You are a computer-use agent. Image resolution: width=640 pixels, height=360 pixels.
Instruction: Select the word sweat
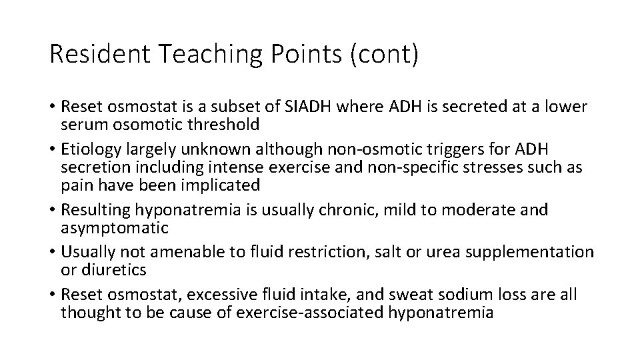pyautogui.click(x=413, y=294)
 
